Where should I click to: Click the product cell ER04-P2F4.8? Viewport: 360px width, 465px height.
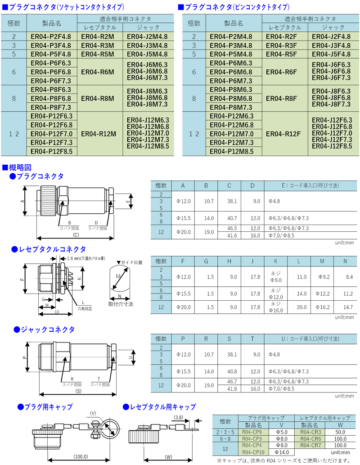[52, 36]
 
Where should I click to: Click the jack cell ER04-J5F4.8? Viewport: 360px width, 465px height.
[331, 54]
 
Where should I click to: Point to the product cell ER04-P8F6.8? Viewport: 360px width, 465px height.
[52, 98]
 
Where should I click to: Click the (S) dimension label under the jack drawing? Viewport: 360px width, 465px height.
[78, 392]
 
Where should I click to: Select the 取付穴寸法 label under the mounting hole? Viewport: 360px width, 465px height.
[121, 304]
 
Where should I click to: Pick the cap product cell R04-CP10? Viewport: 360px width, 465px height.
[252, 452]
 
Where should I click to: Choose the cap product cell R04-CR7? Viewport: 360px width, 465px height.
[310, 445]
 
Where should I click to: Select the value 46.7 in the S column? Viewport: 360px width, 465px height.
[232, 381]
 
